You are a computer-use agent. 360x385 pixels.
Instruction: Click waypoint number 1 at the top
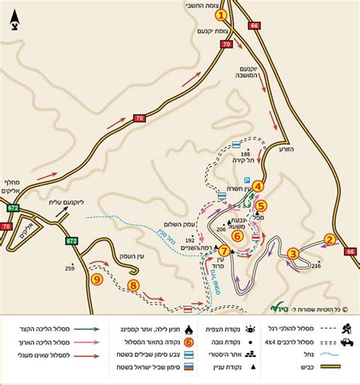pos(221,14)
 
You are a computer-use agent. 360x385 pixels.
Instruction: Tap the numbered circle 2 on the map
pos(330,239)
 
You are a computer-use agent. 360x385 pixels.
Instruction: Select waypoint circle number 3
pos(292,254)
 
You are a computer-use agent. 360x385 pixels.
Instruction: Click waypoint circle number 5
pos(261,204)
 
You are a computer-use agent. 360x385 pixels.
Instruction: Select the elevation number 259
pos(69,267)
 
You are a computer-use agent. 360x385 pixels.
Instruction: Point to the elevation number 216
pos(317,265)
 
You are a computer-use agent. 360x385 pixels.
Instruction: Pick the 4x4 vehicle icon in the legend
pos(346,342)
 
